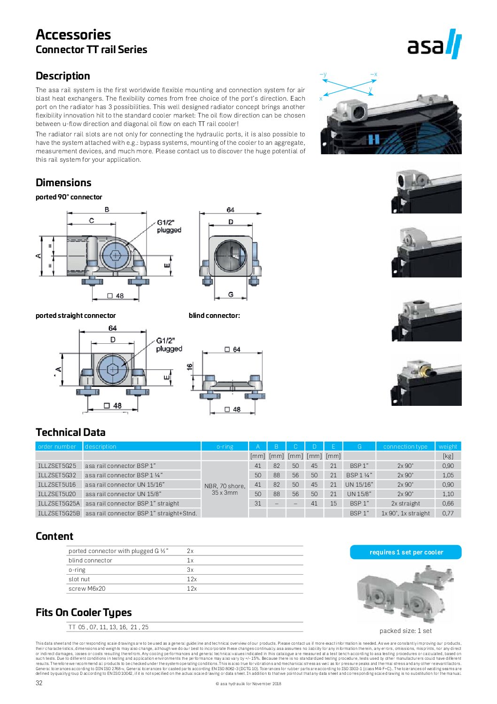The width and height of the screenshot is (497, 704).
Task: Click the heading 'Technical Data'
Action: click(x=70, y=432)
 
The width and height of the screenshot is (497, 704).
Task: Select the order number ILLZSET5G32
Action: click(x=57, y=475)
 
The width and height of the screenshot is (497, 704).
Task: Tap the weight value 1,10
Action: click(x=448, y=494)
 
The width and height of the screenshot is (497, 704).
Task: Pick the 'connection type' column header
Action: click(x=405, y=446)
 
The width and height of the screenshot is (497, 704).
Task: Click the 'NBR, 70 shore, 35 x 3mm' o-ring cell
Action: click(x=225, y=489)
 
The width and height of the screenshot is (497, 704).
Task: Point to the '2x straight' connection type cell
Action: click(x=405, y=503)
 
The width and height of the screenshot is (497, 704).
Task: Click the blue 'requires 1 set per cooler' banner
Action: click(x=406, y=552)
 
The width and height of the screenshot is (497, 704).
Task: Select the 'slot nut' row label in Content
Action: click(x=79, y=579)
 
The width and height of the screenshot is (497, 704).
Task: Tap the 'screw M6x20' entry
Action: click(x=87, y=588)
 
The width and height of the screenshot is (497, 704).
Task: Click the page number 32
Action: click(x=39, y=683)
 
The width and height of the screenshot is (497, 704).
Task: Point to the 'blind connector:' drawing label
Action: click(x=214, y=316)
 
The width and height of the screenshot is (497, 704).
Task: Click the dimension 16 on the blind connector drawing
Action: click(x=190, y=367)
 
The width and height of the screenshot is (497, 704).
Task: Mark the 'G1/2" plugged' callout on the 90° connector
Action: click(x=169, y=226)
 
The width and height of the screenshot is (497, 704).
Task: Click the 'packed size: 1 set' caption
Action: click(x=405, y=631)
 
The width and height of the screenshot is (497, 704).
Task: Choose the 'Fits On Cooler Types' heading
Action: click(x=84, y=612)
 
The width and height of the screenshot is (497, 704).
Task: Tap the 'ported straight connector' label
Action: click(x=76, y=316)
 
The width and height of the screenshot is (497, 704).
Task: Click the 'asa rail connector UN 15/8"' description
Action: click(x=123, y=494)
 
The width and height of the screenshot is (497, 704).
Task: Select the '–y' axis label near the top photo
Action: click(x=323, y=74)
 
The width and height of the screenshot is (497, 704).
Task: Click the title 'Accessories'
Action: click(x=73, y=34)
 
